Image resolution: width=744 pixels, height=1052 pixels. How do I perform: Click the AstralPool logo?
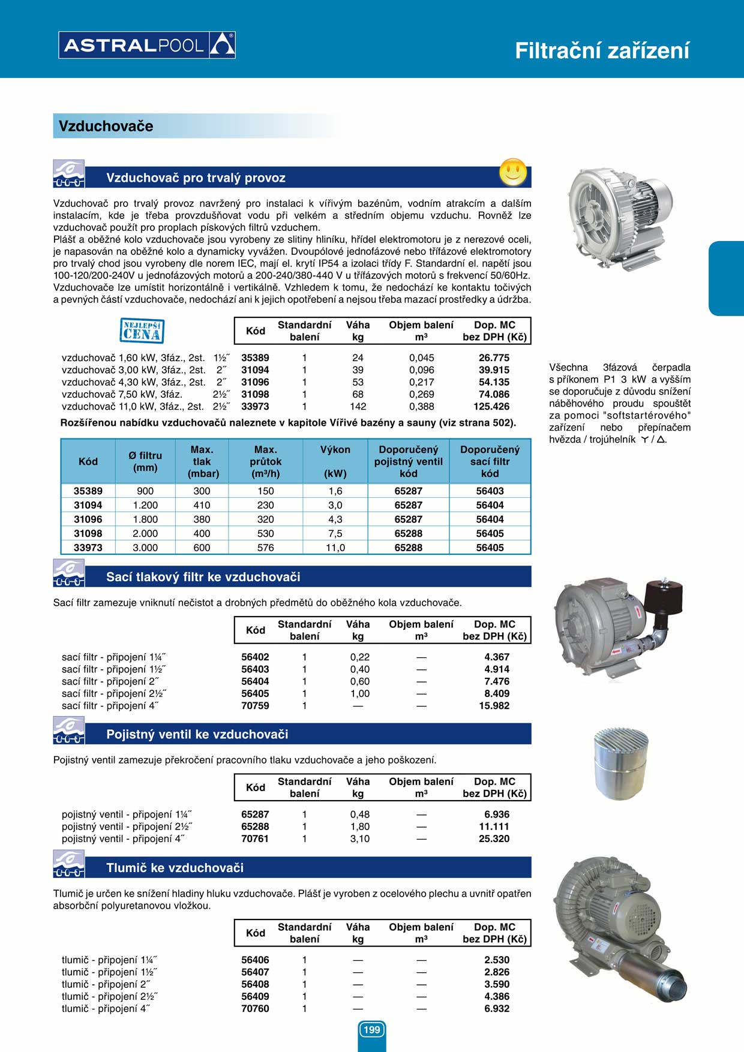[147, 45]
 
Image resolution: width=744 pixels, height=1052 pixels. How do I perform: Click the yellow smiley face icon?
[513, 173]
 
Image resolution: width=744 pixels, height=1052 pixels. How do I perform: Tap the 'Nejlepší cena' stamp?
[142, 330]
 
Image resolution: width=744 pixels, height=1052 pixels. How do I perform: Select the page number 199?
[372, 1030]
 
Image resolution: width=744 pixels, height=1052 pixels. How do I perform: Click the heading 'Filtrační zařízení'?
[602, 51]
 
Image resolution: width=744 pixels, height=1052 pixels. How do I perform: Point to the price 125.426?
[491, 407]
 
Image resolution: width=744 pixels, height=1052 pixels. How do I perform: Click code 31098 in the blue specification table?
[88, 534]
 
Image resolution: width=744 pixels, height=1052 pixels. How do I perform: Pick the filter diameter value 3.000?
[145, 548]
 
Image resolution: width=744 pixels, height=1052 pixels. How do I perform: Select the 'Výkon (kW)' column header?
[335, 461]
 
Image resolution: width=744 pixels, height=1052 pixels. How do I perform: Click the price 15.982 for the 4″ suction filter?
[494, 706]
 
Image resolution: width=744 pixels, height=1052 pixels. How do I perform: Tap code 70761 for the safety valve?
[255, 839]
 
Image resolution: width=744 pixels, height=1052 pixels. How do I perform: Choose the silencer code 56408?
[255, 985]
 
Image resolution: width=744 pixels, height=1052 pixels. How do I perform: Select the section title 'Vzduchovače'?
[106, 127]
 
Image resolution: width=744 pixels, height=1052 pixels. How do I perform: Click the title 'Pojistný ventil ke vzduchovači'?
[197, 735]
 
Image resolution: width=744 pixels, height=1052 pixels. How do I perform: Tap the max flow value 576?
[265, 548]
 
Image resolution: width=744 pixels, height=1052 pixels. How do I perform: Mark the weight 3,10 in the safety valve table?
[359, 839]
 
